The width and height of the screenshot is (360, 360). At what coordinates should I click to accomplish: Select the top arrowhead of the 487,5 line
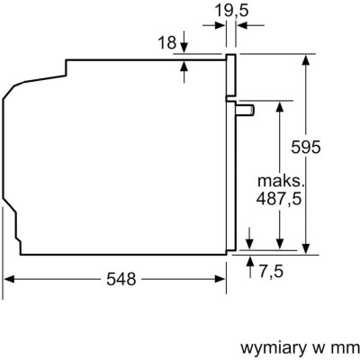coord(281,104)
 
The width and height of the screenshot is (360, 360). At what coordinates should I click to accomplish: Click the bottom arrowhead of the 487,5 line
coord(281,242)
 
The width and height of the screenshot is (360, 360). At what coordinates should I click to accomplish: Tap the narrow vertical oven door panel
coord(230,153)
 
